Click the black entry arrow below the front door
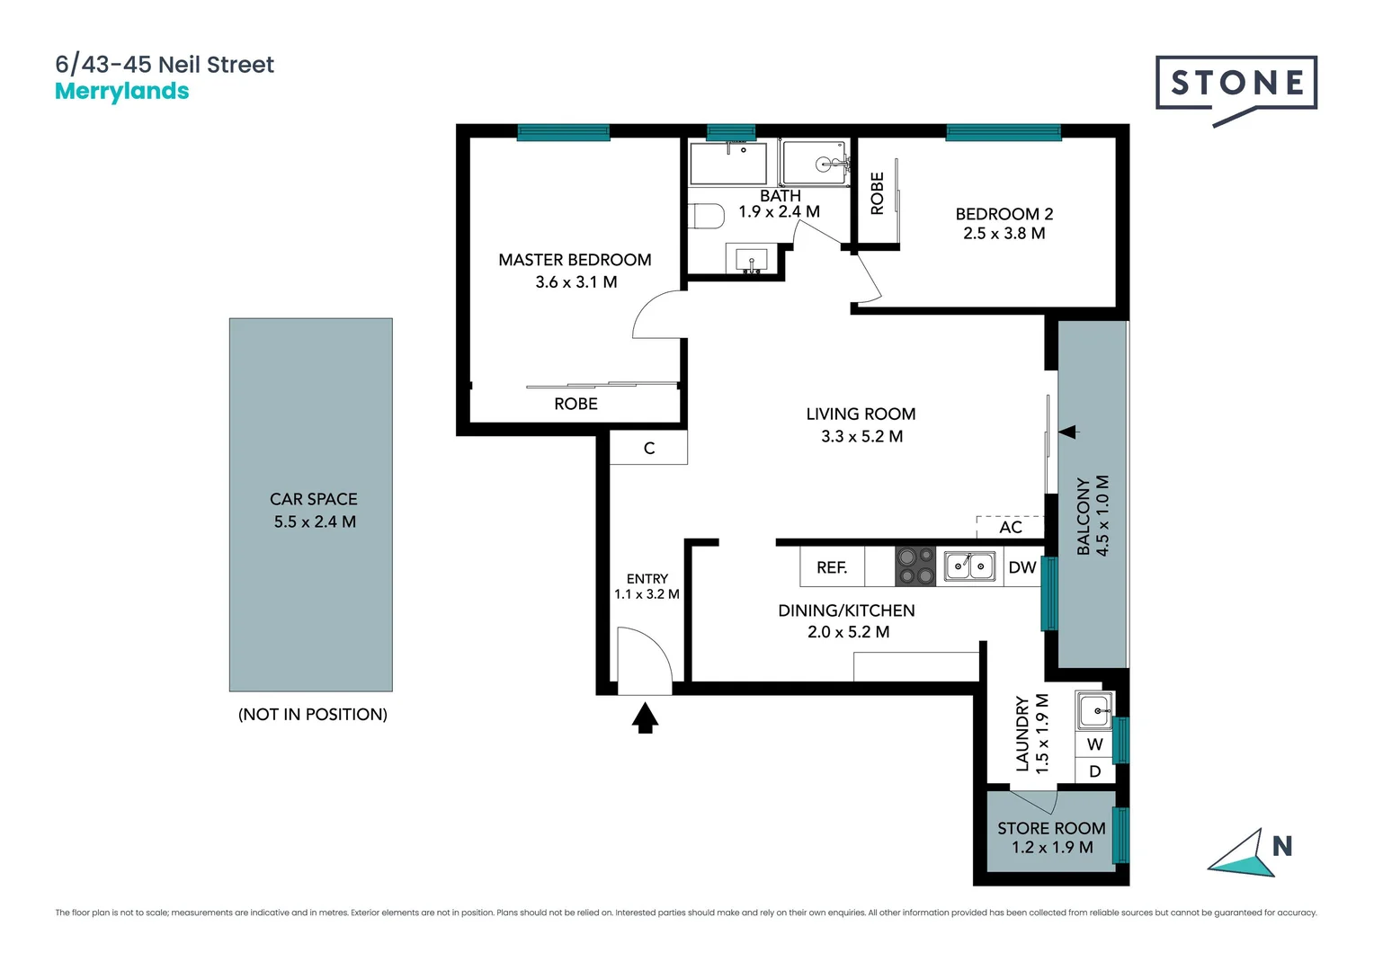[x=645, y=717]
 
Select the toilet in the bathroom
[x=707, y=217]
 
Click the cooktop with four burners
[x=915, y=566]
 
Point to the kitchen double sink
[x=969, y=566]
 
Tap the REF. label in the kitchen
[x=832, y=567]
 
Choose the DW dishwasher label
[x=1022, y=567]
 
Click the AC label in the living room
[x=1011, y=527]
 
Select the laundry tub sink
[x=1095, y=711]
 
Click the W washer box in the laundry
[x=1094, y=744]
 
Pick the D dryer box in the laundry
[x=1094, y=771]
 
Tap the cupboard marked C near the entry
[x=649, y=448]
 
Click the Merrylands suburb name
[x=122, y=92]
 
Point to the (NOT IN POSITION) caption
[x=313, y=714]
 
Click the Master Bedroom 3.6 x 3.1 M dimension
[x=576, y=281]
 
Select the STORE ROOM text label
[x=1051, y=828]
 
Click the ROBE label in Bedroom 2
[x=878, y=193]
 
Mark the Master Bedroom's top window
[x=564, y=133]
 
